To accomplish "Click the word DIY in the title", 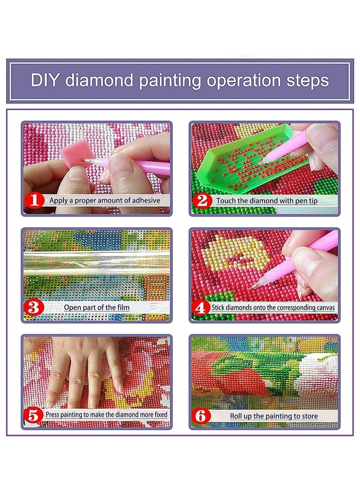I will click(x=45, y=81).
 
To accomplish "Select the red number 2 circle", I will click(x=202, y=200).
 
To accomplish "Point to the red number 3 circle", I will click(x=35, y=307).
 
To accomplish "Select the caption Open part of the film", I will click(x=96, y=307).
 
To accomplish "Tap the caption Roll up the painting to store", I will click(x=274, y=416).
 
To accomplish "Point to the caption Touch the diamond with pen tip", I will click(x=267, y=200).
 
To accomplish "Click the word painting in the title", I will click(x=170, y=81).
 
